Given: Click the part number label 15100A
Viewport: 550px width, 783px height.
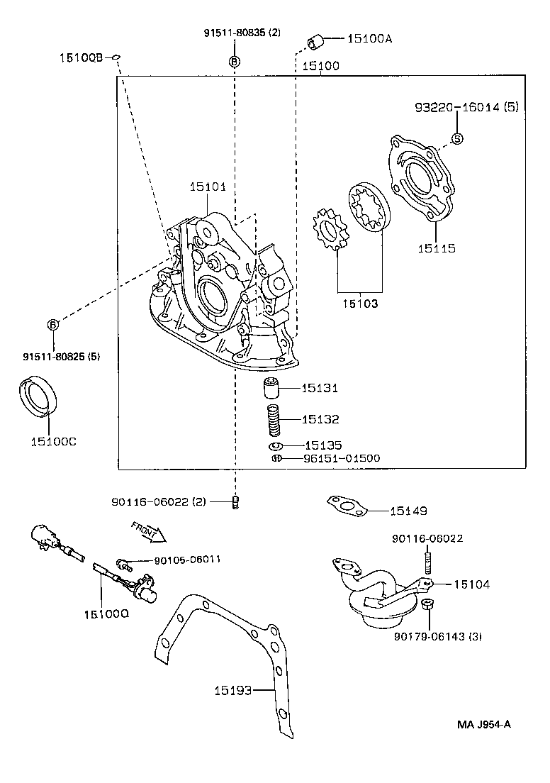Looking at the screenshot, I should pos(369,39).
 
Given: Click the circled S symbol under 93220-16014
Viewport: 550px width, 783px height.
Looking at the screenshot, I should pos(457,138).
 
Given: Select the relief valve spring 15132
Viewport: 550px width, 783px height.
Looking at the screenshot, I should pos(274,420).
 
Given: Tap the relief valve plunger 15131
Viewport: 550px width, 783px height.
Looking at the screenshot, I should pos(270,389).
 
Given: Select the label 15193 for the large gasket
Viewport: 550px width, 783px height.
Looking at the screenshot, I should pos(235,689).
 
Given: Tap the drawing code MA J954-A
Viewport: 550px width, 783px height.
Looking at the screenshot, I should pos(484,724).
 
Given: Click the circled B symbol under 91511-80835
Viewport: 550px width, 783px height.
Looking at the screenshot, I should pos(234,62).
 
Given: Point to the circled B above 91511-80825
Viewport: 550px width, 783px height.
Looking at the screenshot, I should pos(53,324).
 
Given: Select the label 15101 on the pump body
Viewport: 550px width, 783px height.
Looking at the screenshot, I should pos(208,187).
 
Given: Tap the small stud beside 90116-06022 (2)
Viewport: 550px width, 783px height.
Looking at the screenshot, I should pos(235,502).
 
